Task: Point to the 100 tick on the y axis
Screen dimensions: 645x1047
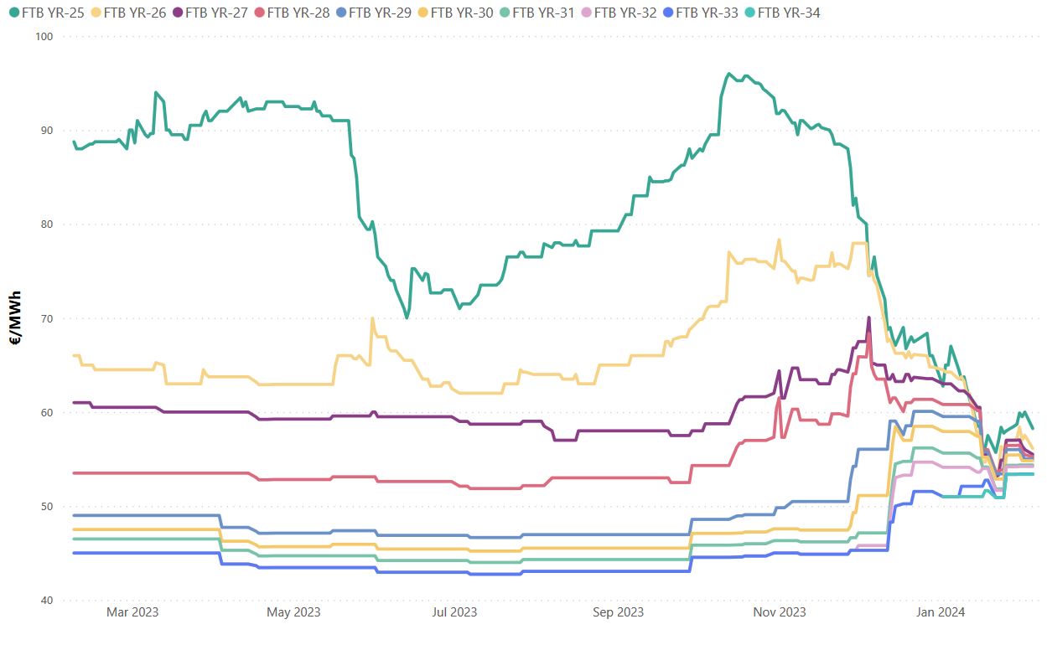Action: (44, 37)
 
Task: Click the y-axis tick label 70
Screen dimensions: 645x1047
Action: (47, 319)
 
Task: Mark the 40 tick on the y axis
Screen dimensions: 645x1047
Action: (47, 601)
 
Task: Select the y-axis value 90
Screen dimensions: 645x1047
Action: (47, 131)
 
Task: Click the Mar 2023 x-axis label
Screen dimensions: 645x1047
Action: (132, 612)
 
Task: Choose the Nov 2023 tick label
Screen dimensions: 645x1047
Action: (780, 612)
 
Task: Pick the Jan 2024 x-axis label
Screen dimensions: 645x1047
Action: (941, 612)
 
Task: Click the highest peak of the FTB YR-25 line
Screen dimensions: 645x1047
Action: (728, 74)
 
